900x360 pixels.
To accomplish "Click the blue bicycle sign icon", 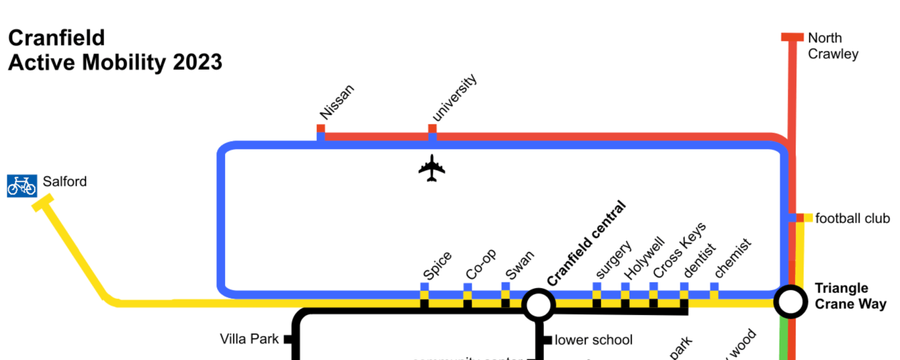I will pos(22,186).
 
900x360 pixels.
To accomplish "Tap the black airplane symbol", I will pos(432,168).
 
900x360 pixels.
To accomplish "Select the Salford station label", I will pos(65,181).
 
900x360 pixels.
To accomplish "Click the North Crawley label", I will pos(832,46).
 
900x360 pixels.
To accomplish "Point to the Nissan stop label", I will pos(337,102).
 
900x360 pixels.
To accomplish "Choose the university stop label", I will pos(454,97).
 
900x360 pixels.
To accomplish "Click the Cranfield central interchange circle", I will pos(539,305).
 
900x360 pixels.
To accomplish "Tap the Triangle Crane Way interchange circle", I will pos(790,301).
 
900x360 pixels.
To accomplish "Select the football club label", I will pos(852,218).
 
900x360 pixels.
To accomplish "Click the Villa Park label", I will pos(249,339).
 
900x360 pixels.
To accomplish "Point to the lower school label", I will pos(593,339).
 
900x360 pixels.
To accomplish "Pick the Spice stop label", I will pos(437,265).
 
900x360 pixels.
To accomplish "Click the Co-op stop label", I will pos(480,264).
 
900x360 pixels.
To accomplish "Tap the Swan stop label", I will pos(519,265).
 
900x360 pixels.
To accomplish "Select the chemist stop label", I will pos(733,258).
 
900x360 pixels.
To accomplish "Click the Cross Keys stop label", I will pos(679,250).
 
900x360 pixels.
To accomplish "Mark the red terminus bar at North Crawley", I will pos(792,37).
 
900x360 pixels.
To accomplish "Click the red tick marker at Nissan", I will pos(321,128).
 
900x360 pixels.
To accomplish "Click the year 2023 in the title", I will pos(197,62).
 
